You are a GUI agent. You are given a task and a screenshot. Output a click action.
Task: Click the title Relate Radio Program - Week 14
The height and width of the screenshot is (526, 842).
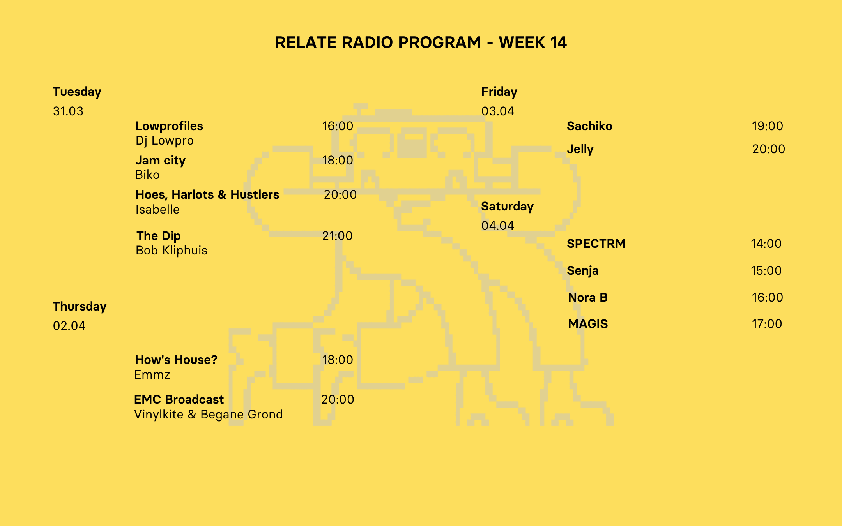tap(421, 42)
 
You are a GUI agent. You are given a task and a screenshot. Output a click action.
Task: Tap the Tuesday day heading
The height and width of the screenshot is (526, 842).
tap(77, 92)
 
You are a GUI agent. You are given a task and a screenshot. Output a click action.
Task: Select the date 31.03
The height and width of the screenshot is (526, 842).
tap(68, 111)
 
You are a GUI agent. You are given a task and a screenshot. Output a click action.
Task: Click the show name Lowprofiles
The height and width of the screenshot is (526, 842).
tap(169, 126)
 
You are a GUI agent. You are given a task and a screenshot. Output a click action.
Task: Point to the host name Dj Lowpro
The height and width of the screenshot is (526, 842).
tap(165, 141)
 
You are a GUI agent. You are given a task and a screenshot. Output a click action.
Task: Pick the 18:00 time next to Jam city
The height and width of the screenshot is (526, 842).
tap(338, 161)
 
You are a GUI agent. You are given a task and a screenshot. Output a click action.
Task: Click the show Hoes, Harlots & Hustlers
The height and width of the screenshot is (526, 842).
tap(207, 195)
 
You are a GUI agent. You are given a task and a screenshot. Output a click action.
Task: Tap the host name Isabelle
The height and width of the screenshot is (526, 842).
tap(157, 210)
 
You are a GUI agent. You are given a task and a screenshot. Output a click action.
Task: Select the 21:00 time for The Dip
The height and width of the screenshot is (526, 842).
tap(337, 236)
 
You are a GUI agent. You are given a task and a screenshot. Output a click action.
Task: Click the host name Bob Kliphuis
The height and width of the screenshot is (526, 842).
tap(172, 251)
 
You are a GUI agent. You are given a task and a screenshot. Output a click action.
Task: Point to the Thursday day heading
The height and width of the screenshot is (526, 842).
tap(80, 307)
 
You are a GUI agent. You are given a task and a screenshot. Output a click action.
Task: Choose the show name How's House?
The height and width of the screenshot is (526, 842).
tap(176, 360)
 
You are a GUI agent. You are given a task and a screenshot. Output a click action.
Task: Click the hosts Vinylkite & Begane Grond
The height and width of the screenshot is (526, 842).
tap(209, 415)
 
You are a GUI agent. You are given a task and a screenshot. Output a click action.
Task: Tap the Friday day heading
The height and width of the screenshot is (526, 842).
tap(499, 92)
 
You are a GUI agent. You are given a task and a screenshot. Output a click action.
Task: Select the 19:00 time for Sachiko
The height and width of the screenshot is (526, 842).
tap(767, 126)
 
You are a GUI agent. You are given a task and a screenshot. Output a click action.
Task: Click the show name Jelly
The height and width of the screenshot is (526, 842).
tap(580, 149)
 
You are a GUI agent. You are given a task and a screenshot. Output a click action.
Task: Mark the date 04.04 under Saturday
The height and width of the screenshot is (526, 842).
tap(498, 226)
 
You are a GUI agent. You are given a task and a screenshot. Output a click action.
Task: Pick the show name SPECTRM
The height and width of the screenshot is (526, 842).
tap(596, 244)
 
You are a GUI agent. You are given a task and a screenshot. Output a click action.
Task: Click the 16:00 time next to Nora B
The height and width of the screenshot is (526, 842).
tap(767, 298)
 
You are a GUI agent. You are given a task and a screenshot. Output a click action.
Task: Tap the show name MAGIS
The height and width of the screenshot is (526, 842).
tap(588, 324)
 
